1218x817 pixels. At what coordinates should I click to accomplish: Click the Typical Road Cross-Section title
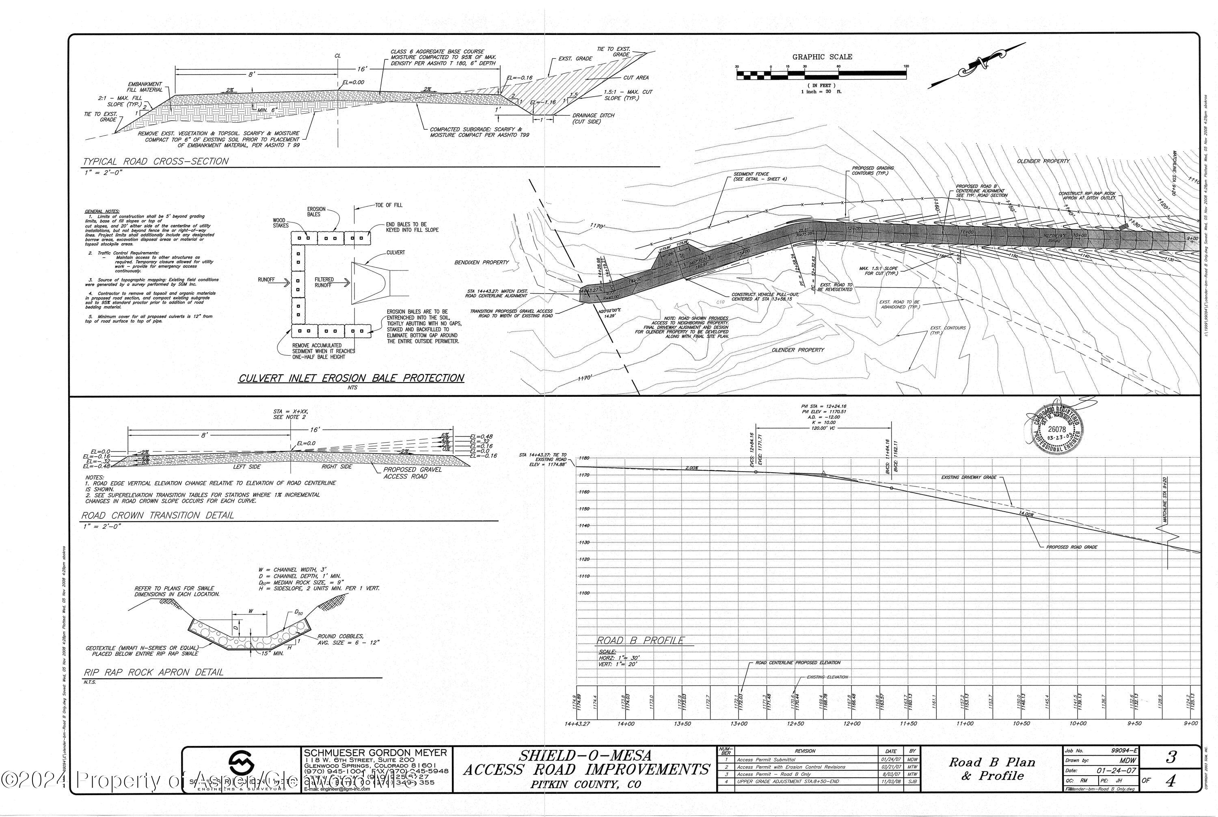point(155,162)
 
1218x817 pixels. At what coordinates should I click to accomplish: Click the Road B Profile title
point(640,640)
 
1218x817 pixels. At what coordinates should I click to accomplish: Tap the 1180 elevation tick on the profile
point(583,458)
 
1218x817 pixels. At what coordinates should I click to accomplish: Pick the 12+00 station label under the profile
point(852,723)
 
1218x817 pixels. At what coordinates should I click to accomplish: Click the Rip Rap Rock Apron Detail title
point(153,672)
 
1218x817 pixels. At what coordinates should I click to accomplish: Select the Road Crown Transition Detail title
point(158,515)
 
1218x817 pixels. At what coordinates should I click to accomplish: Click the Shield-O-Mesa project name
point(585,755)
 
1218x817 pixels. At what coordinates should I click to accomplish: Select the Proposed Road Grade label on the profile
point(1071,547)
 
